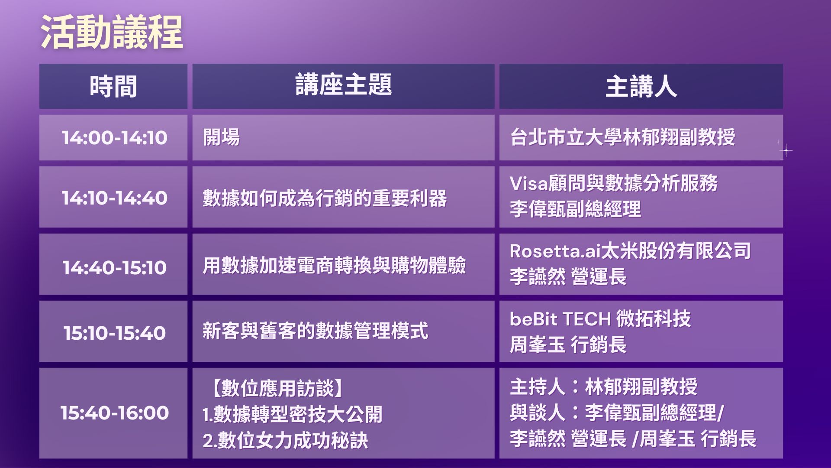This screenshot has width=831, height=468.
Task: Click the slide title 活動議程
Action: click(x=112, y=33)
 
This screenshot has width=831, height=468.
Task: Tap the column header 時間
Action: click(x=113, y=86)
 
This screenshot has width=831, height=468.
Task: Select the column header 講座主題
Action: click(x=344, y=84)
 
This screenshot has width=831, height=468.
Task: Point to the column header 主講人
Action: click(x=641, y=86)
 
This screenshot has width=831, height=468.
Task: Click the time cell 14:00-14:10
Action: click(x=114, y=138)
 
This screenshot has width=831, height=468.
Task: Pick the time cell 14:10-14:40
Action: click(x=114, y=198)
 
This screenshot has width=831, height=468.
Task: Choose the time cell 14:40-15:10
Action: click(x=114, y=267)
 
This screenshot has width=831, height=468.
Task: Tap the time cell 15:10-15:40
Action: click(x=114, y=333)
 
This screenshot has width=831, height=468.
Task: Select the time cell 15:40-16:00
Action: click(x=114, y=413)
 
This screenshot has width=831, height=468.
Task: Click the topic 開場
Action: click(x=221, y=137)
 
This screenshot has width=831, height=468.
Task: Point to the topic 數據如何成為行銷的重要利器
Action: click(x=325, y=198)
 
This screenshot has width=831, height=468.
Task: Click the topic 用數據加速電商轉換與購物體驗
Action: click(x=334, y=266)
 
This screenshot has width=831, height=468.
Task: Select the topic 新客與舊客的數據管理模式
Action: click(x=316, y=331)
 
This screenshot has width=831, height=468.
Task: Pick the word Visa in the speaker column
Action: click(x=529, y=183)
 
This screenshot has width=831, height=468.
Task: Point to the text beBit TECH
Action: click(x=560, y=319)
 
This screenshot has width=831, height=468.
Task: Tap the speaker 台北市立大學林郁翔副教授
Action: click(x=622, y=137)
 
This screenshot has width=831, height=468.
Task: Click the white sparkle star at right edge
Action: click(x=786, y=151)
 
